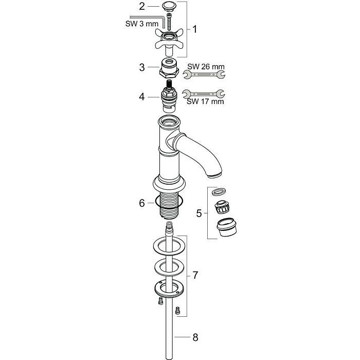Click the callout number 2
click(x=142, y=6)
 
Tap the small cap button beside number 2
click(x=169, y=6)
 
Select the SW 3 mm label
click(x=141, y=24)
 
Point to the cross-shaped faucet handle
click(x=169, y=41)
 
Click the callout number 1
click(x=194, y=29)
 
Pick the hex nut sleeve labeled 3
click(x=169, y=68)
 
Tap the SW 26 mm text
click(x=206, y=67)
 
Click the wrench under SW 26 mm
click(x=204, y=75)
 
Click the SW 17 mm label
click(x=205, y=101)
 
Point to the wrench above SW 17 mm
click(x=204, y=94)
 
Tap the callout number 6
click(x=142, y=203)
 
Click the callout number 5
click(x=199, y=213)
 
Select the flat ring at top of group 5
click(x=219, y=191)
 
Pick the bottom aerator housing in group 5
click(x=227, y=227)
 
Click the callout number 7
click(x=195, y=275)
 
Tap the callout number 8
click(x=195, y=337)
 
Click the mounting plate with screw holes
click(x=169, y=289)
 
